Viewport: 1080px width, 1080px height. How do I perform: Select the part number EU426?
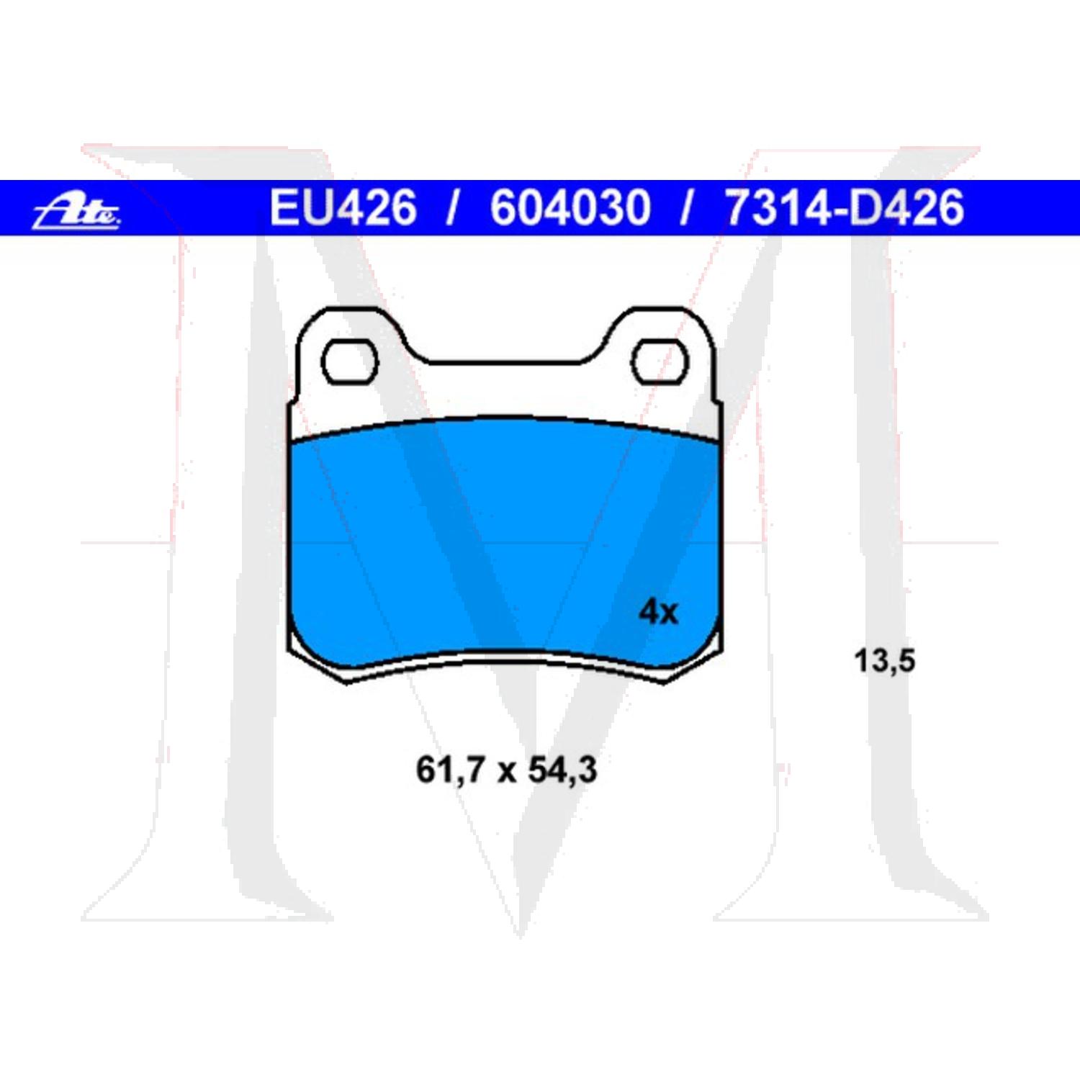(x=343, y=207)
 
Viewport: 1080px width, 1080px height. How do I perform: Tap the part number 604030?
(x=570, y=207)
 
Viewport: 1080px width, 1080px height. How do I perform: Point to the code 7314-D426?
(x=844, y=207)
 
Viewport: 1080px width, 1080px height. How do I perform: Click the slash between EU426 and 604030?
(x=453, y=207)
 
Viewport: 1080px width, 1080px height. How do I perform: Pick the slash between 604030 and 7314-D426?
(x=687, y=207)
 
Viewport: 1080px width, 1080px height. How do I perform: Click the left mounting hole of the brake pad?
(x=349, y=362)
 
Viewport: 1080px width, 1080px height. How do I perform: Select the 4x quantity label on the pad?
(x=658, y=612)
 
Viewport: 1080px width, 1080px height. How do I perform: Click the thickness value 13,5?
(x=884, y=660)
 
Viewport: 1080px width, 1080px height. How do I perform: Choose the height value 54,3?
(x=562, y=770)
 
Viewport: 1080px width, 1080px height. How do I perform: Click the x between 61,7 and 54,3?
(x=506, y=772)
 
